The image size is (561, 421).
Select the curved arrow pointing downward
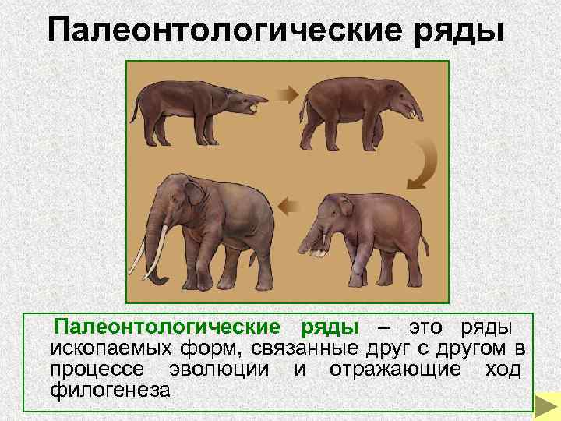(x=422, y=165)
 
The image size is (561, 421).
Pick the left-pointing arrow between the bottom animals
(x=290, y=207)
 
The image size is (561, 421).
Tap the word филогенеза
(x=109, y=388)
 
